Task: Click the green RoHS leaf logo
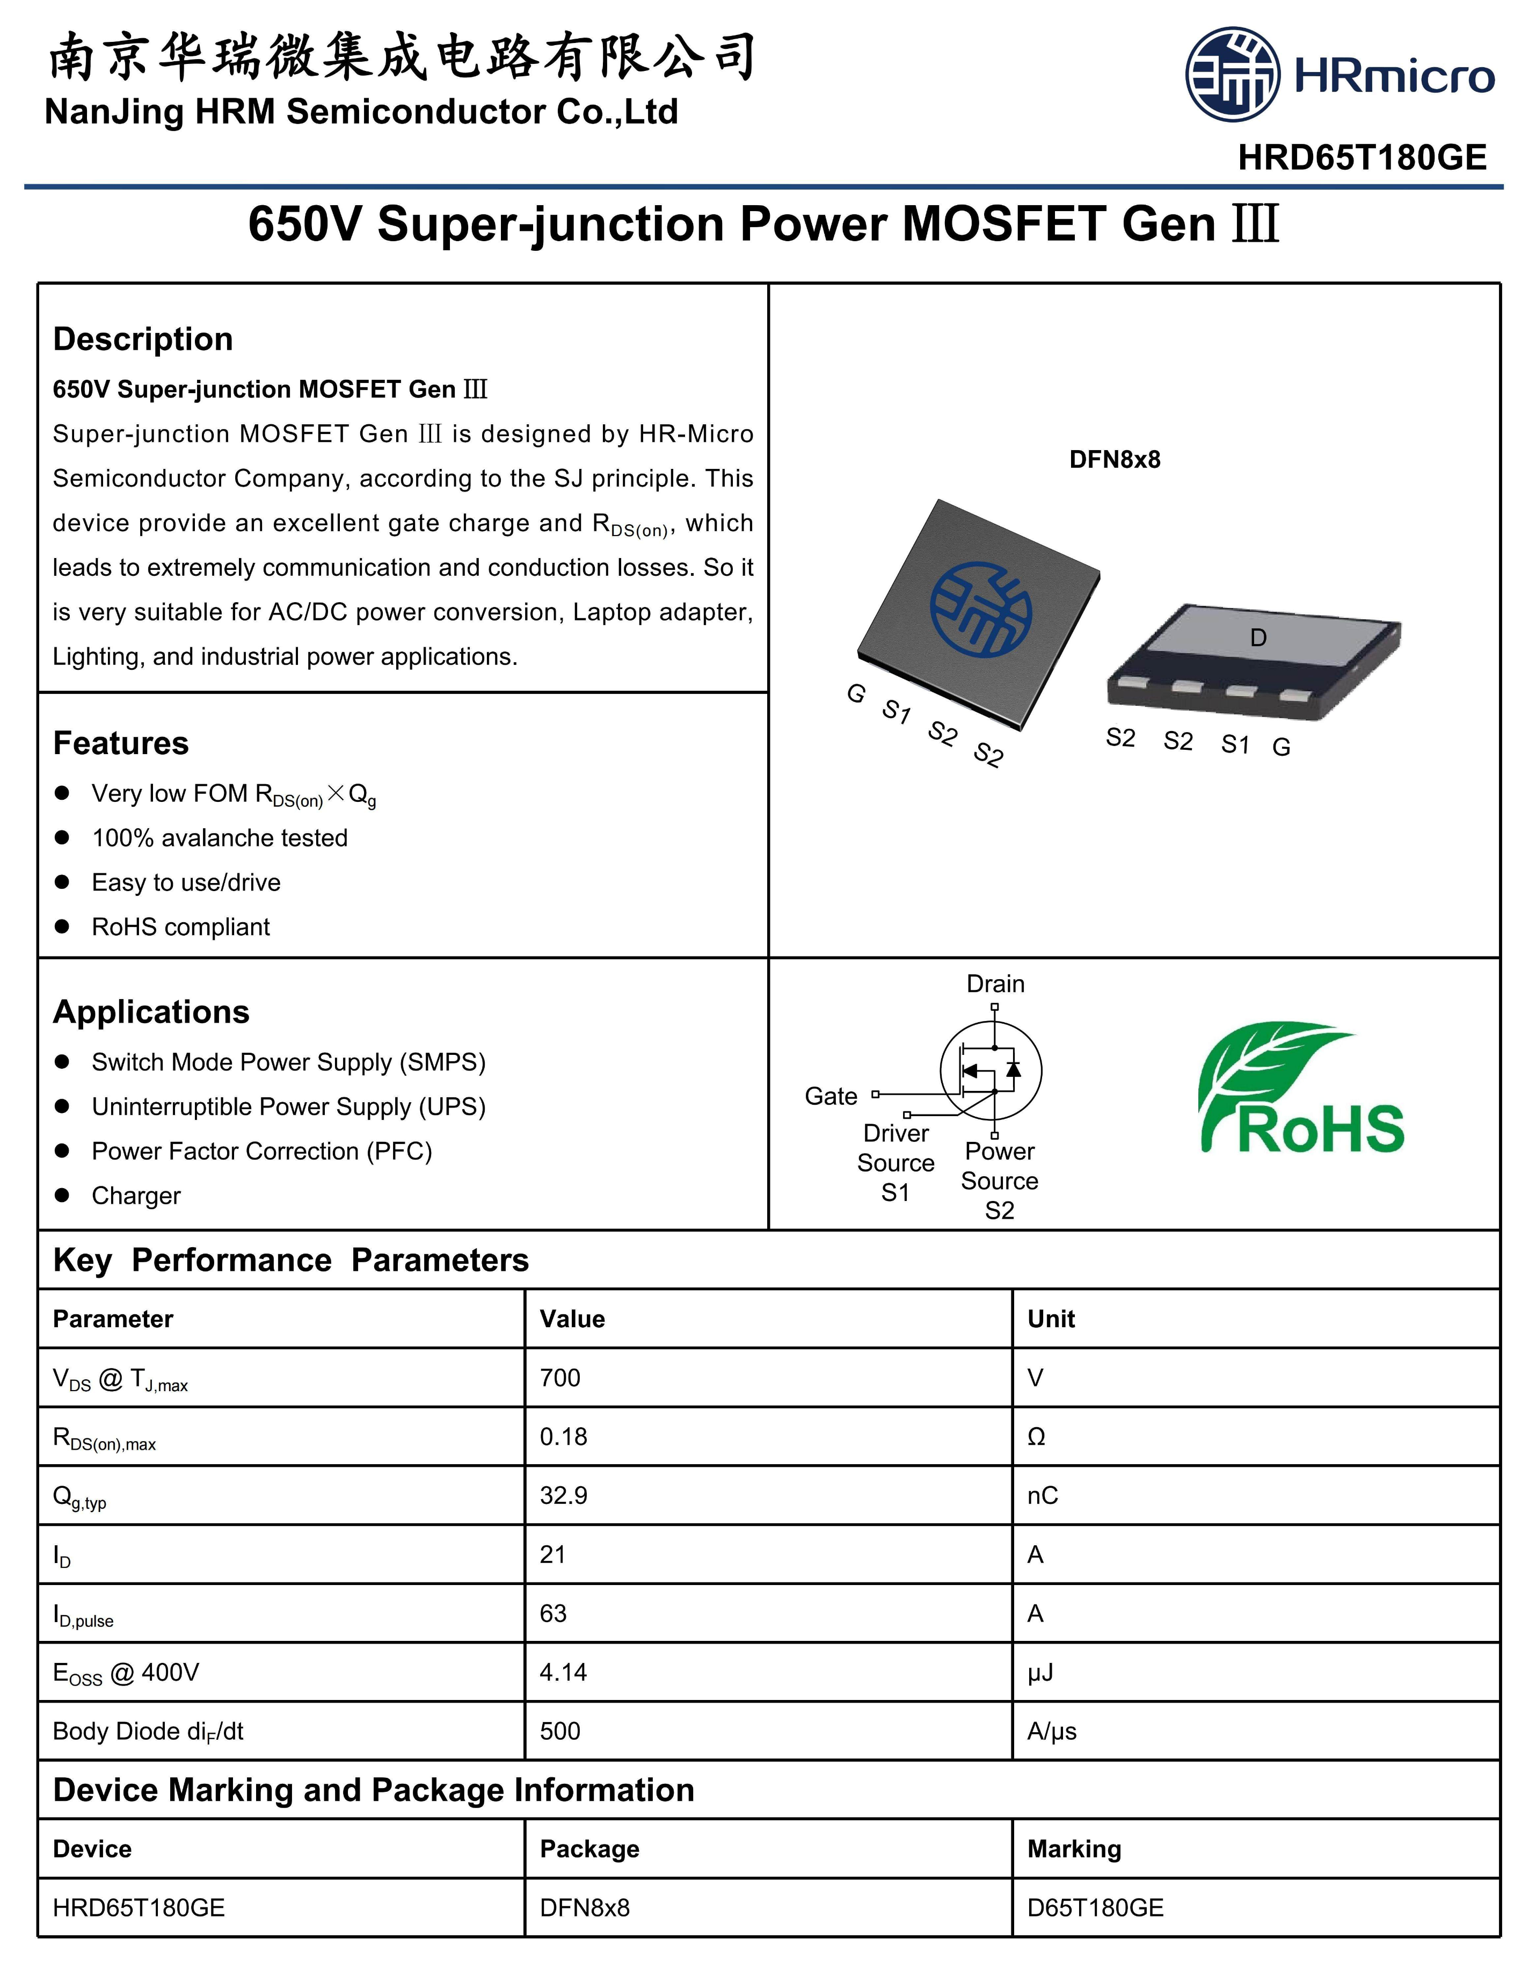[1300, 1089]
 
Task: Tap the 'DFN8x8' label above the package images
[1115, 460]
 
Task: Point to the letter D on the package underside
[1258, 638]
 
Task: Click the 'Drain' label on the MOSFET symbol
[995, 984]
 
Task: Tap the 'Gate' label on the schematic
[831, 1097]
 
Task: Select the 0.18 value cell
[564, 1436]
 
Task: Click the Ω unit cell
[1036, 1436]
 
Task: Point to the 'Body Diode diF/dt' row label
[149, 1731]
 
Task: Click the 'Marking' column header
[1074, 1849]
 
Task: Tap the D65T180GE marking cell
[1095, 1908]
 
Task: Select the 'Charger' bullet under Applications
[136, 1196]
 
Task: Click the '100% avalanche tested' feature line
[220, 838]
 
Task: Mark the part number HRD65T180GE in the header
[1361, 158]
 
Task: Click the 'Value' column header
[572, 1319]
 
